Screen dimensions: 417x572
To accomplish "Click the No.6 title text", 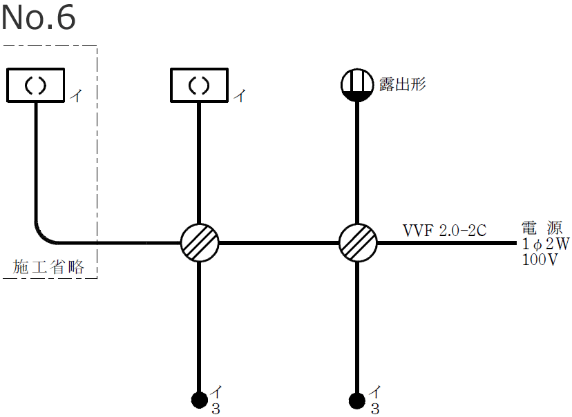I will tap(38, 19).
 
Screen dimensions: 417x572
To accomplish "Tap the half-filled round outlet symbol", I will tap(357, 86).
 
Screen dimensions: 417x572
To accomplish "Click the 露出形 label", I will tap(403, 84).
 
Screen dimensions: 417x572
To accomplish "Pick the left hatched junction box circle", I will tap(200, 242).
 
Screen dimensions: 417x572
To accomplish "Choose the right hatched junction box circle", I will tap(358, 242).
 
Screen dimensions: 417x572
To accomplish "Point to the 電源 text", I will tap(542, 229).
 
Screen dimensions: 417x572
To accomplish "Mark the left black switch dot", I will tap(199, 399).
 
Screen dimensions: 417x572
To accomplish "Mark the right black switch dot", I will tap(357, 399).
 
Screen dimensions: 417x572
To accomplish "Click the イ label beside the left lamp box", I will tap(75, 97).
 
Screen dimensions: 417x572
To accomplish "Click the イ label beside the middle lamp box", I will tap(239, 97).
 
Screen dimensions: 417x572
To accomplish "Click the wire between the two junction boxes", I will tap(278, 242).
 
